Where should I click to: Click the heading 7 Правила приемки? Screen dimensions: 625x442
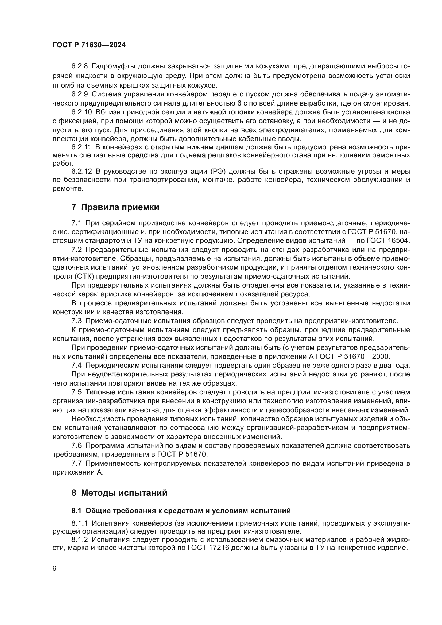(115, 207)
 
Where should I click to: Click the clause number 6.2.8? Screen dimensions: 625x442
(79, 66)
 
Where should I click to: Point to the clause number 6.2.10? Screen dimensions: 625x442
(82, 112)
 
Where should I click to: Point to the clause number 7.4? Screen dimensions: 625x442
(76, 365)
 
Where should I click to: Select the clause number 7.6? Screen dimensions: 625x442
(76, 446)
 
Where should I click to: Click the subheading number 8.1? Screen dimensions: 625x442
(76, 511)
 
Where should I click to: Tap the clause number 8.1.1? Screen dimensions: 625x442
(79, 523)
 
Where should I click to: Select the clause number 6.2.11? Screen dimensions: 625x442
(81, 147)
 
